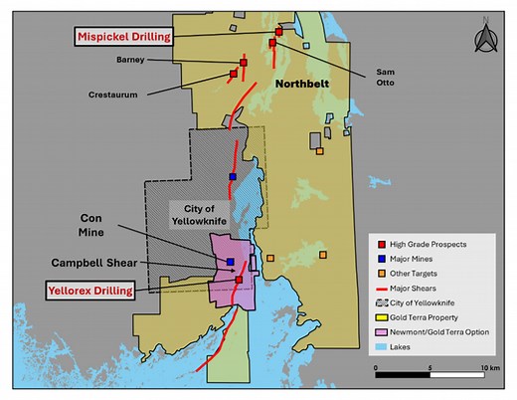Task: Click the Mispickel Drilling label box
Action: point(123,36)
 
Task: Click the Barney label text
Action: point(131,60)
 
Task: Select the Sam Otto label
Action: point(386,78)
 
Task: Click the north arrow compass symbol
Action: point(486,39)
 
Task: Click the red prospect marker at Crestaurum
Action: point(234,73)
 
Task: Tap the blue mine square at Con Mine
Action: point(230,262)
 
